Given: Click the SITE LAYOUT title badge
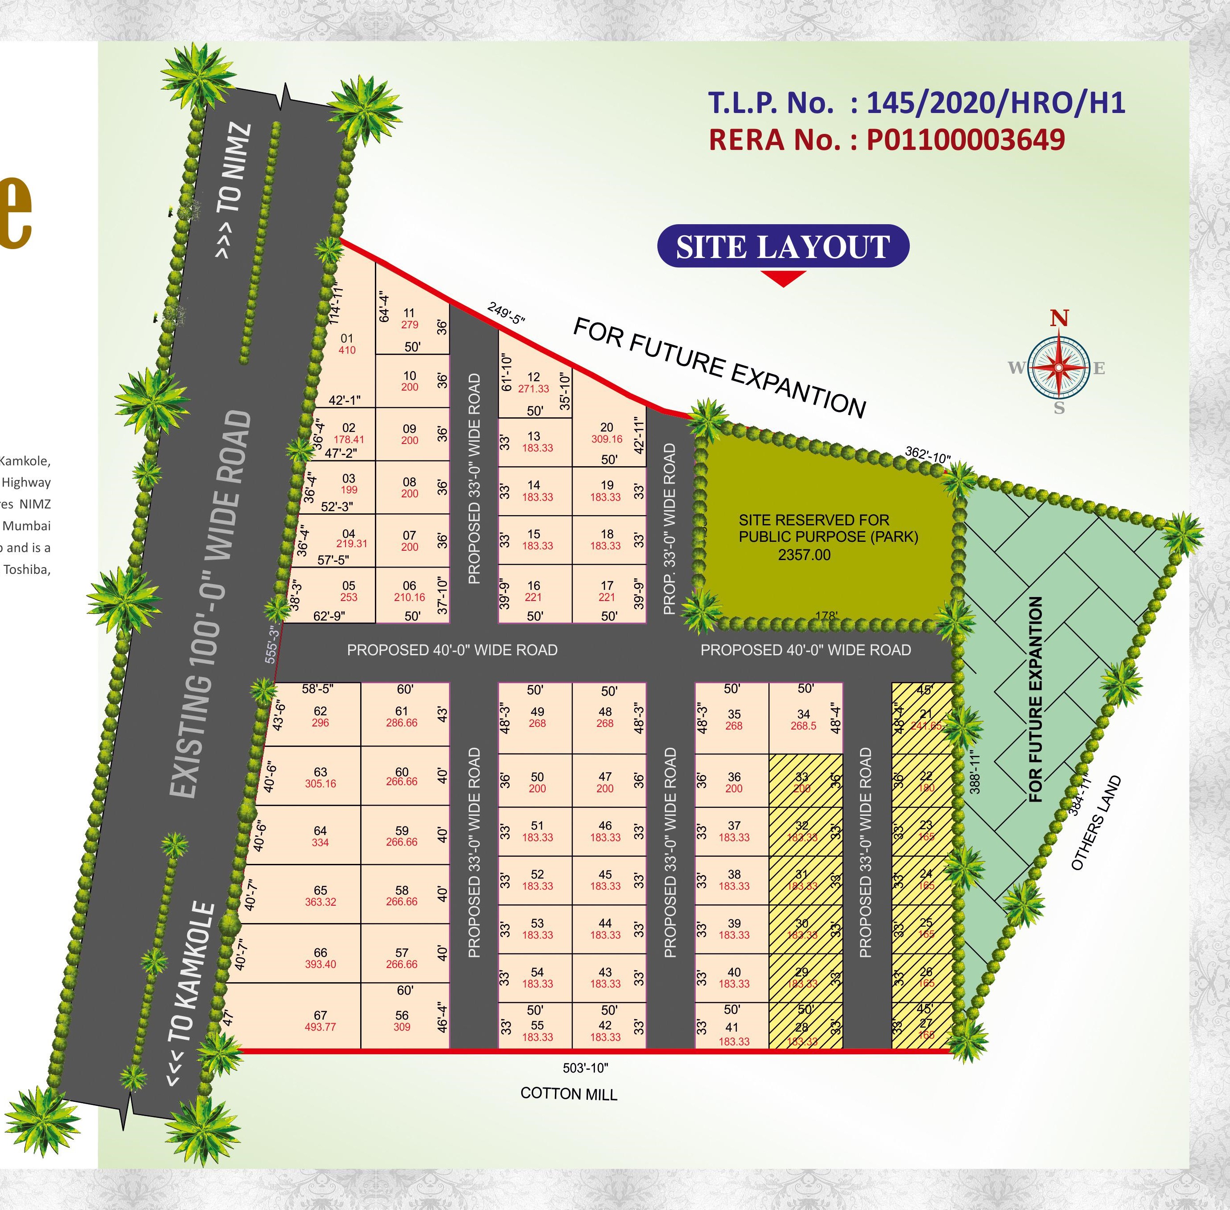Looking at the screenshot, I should (x=783, y=246).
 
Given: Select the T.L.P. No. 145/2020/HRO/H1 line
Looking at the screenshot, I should (x=916, y=103).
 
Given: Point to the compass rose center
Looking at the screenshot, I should (x=1059, y=367).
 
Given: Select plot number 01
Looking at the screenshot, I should (x=347, y=338).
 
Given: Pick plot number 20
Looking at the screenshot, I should (x=607, y=428).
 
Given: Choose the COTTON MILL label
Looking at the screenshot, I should (x=569, y=1094).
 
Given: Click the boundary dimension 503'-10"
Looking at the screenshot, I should (x=585, y=1068).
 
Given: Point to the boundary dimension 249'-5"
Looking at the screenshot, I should (x=506, y=313).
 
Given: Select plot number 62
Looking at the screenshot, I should (x=320, y=711).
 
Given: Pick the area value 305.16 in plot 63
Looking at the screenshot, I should (x=320, y=783).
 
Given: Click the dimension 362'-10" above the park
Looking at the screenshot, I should (x=928, y=455).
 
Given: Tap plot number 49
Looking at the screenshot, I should (x=538, y=712).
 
